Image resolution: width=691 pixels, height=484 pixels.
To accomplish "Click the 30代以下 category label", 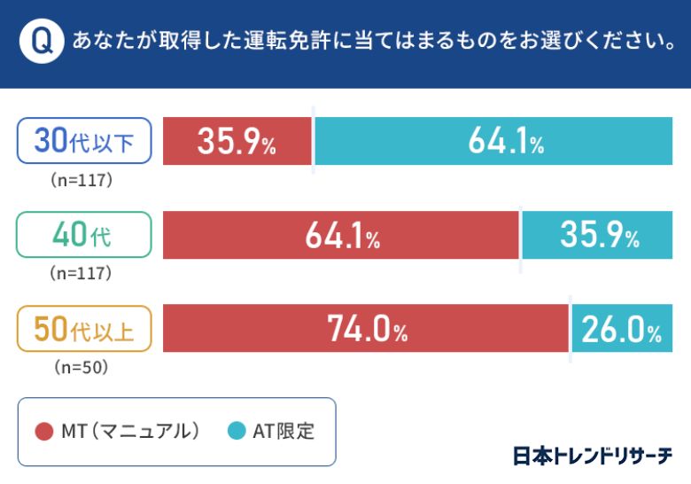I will [84, 141].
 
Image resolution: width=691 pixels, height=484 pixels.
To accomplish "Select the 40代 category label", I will [84, 235].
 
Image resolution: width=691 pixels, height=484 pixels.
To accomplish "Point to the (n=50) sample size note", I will [84, 366].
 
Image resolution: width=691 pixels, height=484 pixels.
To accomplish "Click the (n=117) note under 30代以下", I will [84, 180].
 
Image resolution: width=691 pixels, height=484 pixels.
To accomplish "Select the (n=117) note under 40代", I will [84, 273].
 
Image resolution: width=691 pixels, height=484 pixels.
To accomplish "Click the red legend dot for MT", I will [44, 432].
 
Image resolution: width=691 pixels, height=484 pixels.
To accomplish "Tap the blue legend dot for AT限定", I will [237, 432].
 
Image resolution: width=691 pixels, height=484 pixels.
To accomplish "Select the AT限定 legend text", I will [283, 432].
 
